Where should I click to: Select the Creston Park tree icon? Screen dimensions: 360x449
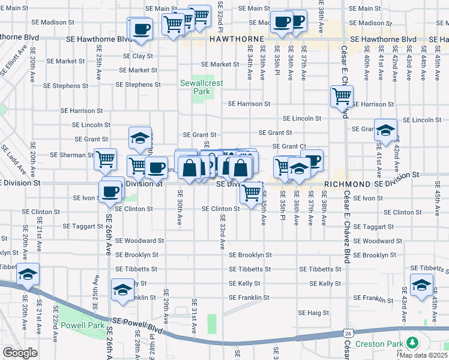[x=412, y=343]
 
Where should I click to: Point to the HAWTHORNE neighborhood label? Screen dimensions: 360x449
[x=237, y=39]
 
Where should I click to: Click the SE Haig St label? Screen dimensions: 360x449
[x=313, y=313]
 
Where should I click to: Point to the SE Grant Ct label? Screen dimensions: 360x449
[x=289, y=146]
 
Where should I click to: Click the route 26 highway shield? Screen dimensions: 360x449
[x=348, y=332]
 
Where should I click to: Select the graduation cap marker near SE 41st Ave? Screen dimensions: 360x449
[x=385, y=129]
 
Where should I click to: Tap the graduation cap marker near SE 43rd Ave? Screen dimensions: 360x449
[x=421, y=284]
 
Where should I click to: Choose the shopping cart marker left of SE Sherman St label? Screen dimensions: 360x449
[x=105, y=160]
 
